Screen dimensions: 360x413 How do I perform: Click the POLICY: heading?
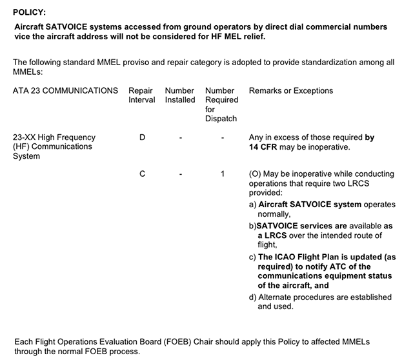(29, 12)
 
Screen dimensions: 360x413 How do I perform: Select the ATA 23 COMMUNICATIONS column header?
(65, 90)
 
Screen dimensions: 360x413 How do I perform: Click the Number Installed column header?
(180, 95)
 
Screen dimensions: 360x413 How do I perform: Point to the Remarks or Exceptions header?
(291, 90)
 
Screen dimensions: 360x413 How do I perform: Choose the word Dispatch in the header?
(221, 119)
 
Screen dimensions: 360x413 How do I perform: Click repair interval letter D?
(142, 137)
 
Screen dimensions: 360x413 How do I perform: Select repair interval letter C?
(142, 174)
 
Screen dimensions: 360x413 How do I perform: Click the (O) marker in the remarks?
(256, 174)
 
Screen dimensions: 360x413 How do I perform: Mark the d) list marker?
(253, 297)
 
